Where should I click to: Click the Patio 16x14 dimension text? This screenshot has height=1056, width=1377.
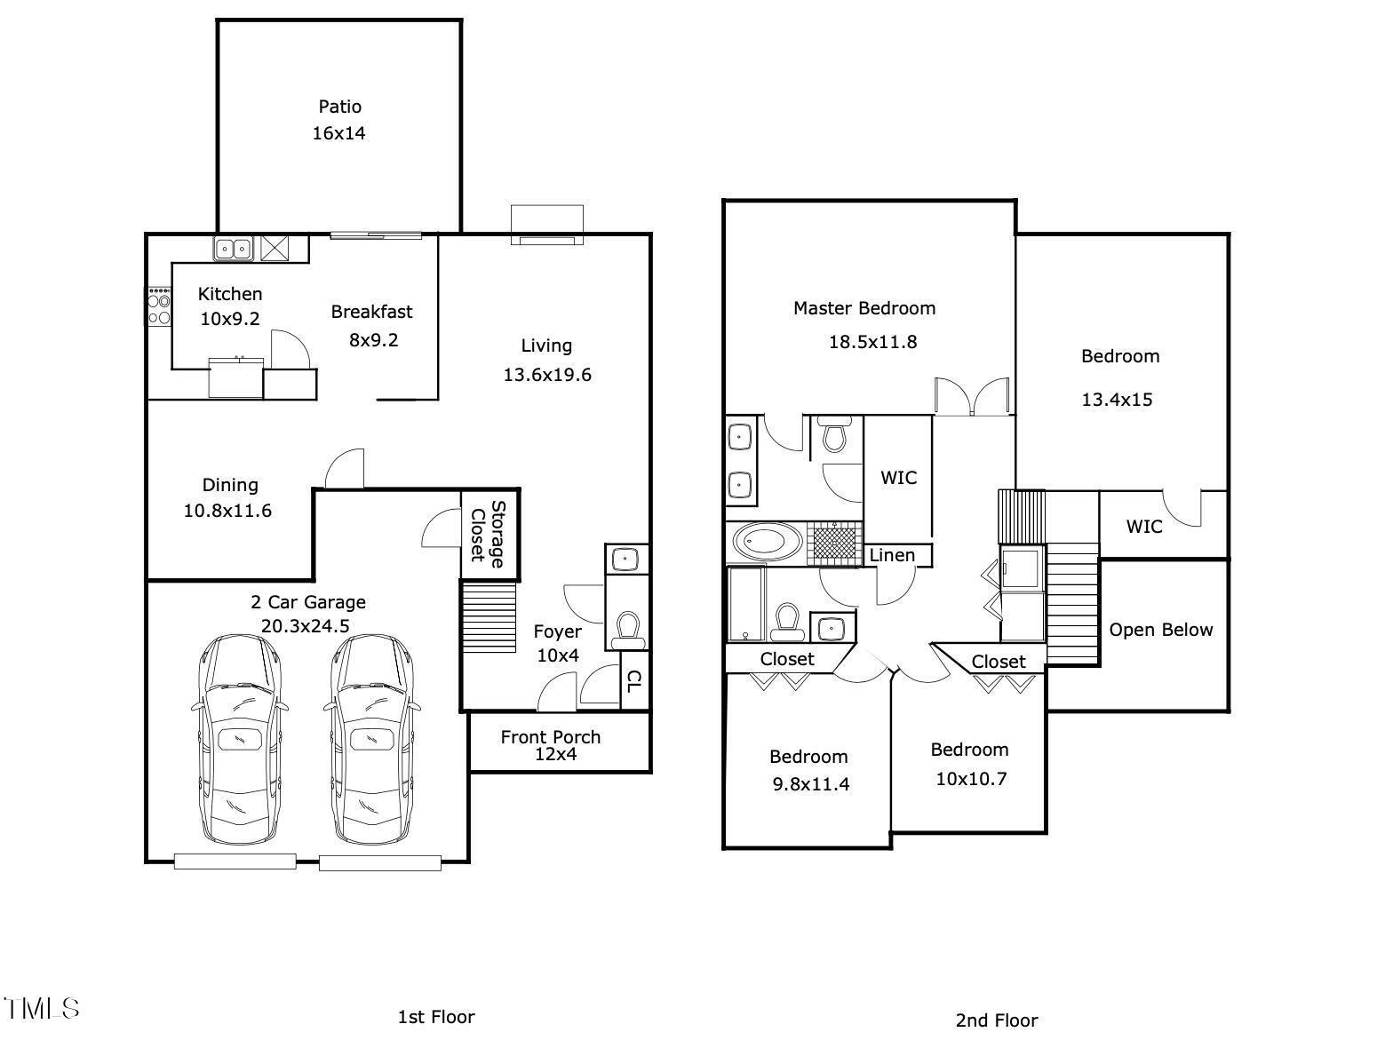pyautogui.click(x=338, y=133)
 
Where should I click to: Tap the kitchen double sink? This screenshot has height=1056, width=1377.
pyautogui.click(x=233, y=249)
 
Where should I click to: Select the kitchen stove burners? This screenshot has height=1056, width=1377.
pyautogui.click(x=159, y=306)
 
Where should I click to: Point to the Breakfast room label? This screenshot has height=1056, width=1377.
pyautogui.click(x=371, y=312)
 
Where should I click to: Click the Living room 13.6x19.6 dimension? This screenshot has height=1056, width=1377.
pyautogui.click(x=547, y=375)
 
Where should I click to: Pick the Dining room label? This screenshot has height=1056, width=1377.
pyautogui.click(x=230, y=485)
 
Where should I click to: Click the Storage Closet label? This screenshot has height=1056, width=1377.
pyautogui.click(x=488, y=534)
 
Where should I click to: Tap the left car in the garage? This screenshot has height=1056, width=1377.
pyautogui.click(x=240, y=739)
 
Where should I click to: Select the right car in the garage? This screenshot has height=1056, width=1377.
pyautogui.click(x=372, y=739)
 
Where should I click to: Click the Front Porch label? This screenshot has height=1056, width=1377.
pyautogui.click(x=550, y=737)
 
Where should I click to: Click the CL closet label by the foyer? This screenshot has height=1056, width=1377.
pyautogui.click(x=634, y=681)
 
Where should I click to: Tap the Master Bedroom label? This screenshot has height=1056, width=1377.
pyautogui.click(x=864, y=308)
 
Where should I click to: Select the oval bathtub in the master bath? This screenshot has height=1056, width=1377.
pyautogui.click(x=767, y=543)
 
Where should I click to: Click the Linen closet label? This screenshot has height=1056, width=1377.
pyautogui.click(x=892, y=556)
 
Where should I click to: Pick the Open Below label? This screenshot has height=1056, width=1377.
pyautogui.click(x=1160, y=630)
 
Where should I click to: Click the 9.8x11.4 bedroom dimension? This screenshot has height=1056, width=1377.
pyautogui.click(x=810, y=784)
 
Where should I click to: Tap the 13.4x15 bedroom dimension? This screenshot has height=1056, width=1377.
pyautogui.click(x=1117, y=400)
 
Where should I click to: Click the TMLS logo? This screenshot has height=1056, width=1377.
pyautogui.click(x=41, y=1009)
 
